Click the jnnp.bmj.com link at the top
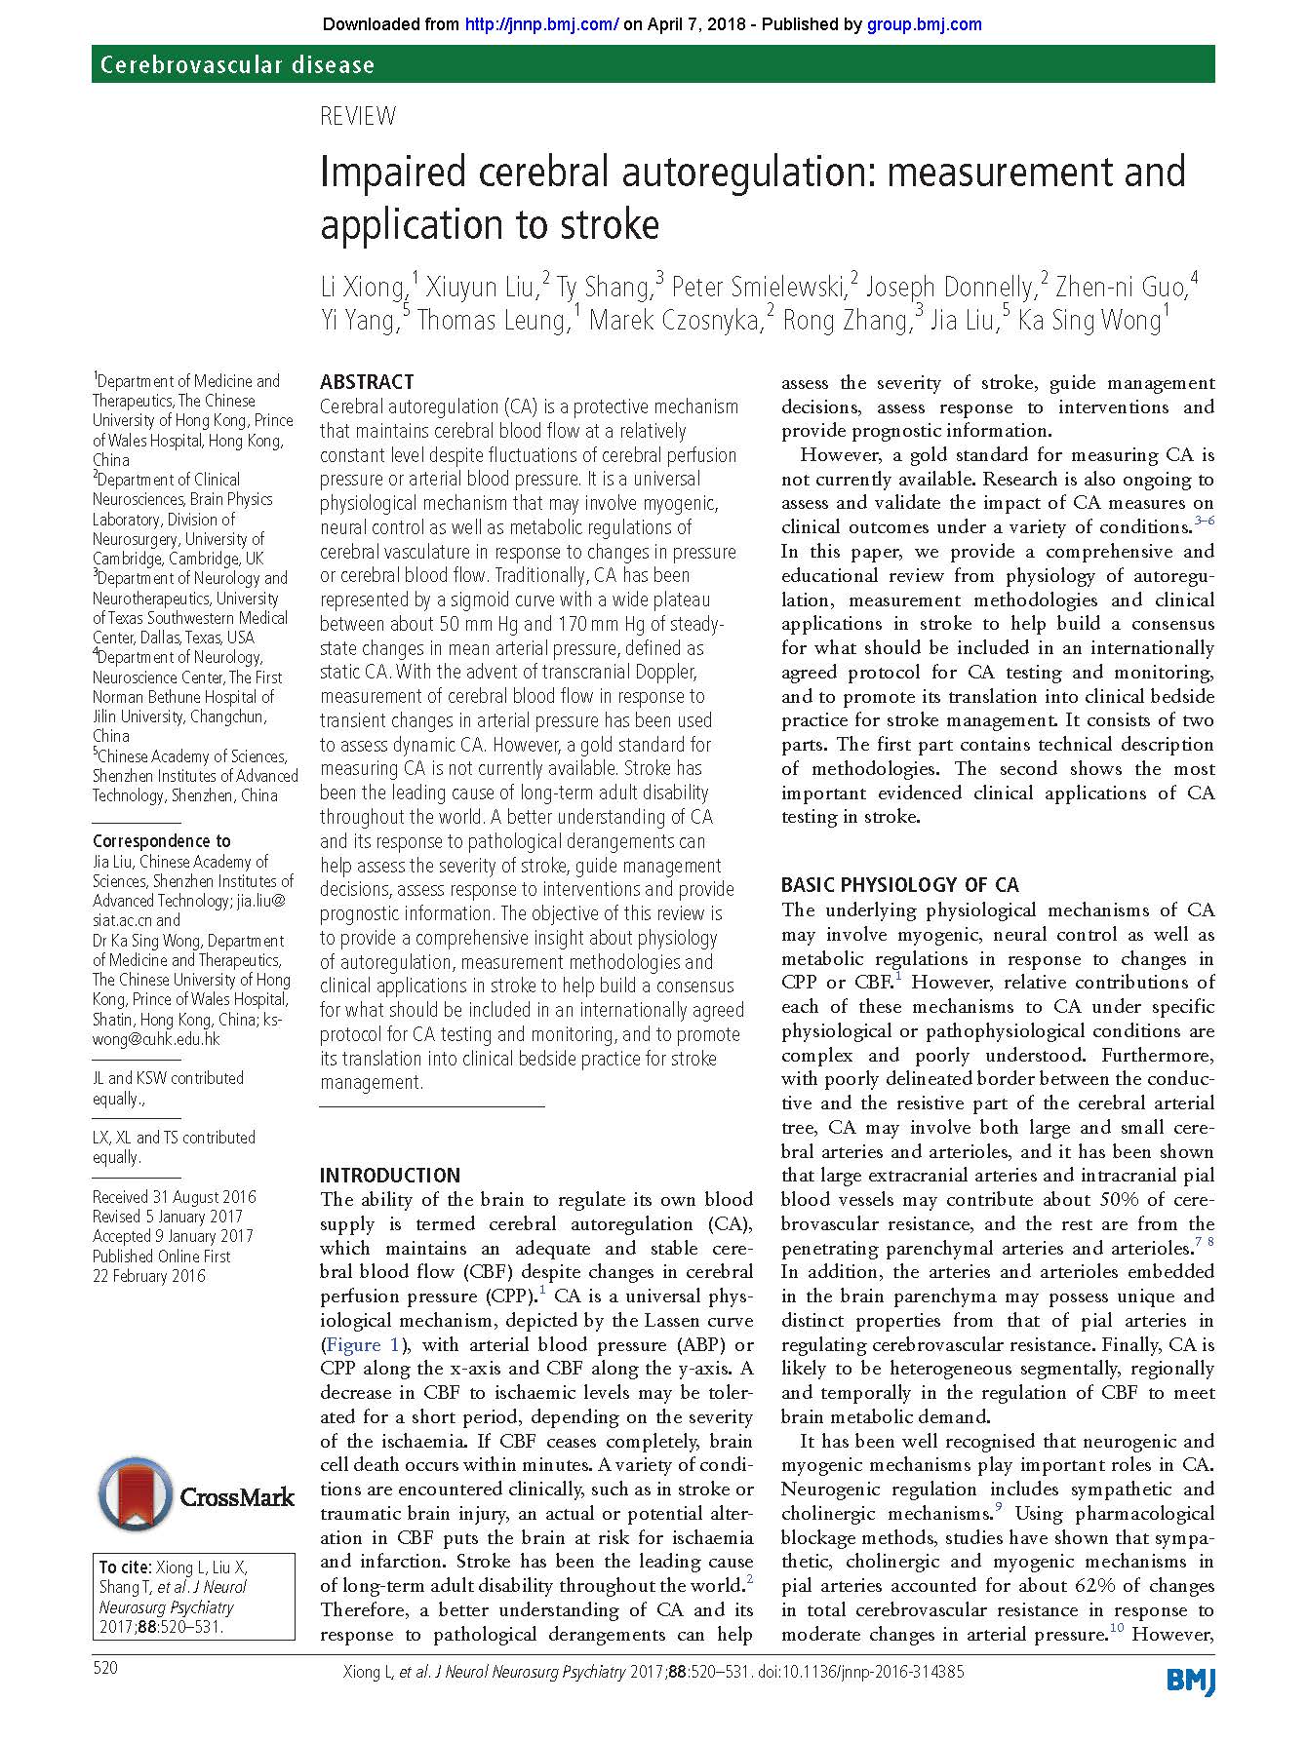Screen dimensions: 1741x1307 542,24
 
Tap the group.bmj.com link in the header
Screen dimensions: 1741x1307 924,24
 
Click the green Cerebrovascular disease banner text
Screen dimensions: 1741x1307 237,65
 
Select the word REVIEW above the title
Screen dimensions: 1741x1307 358,117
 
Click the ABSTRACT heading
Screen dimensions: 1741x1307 367,381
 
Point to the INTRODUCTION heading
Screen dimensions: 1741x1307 389,1175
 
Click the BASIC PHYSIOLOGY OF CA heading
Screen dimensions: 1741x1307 899,885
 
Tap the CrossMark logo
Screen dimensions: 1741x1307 195,1496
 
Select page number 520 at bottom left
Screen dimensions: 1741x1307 105,1667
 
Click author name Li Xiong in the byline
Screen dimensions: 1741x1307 362,288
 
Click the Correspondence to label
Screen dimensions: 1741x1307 162,840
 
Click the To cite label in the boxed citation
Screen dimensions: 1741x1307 124,1567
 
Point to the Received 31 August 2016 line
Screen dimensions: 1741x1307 174,1197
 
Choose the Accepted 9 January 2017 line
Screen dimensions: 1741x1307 173,1236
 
